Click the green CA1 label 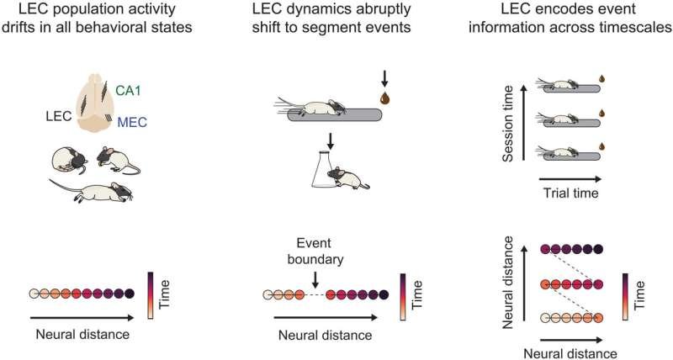[129, 91]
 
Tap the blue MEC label [132, 122]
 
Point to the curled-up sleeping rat [69, 161]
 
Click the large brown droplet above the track [384, 98]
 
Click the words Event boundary [315, 251]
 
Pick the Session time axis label [508, 124]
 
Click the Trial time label [571, 193]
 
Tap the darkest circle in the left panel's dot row [130, 294]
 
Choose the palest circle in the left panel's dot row [34, 294]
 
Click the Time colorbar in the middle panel [403, 297]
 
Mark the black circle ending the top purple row [598, 249]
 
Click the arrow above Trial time [570, 178]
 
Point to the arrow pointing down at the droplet [384, 78]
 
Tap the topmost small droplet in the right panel [601, 78]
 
